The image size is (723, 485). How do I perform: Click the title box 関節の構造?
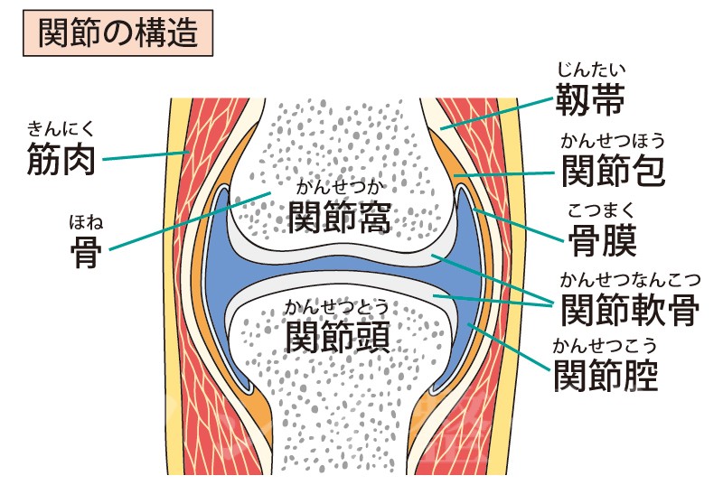[x=118, y=33]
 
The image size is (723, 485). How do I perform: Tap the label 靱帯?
[x=590, y=99]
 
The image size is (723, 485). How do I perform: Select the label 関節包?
[x=614, y=171]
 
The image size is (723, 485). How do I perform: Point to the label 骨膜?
[x=602, y=240]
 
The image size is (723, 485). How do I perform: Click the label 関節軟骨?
[x=630, y=310]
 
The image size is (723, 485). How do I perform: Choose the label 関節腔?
[x=606, y=376]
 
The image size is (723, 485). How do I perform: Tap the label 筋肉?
[x=61, y=159]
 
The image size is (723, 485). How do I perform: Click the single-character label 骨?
[x=86, y=252]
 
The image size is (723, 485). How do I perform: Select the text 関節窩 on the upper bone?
[x=340, y=218]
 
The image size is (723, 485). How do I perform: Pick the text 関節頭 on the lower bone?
[x=337, y=337]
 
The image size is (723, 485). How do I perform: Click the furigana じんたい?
[x=591, y=70]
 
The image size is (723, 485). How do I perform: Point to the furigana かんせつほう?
[x=614, y=141]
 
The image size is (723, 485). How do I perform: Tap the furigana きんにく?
[x=61, y=129]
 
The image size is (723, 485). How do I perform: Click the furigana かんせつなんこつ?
[x=630, y=280]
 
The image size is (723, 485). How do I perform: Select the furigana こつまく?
[x=601, y=210]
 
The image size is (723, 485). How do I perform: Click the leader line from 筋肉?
[x=146, y=155]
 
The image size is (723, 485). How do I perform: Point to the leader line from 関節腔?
[x=509, y=348]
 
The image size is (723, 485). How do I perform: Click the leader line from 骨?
[x=190, y=221]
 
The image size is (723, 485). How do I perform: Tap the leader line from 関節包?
[x=504, y=174]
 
